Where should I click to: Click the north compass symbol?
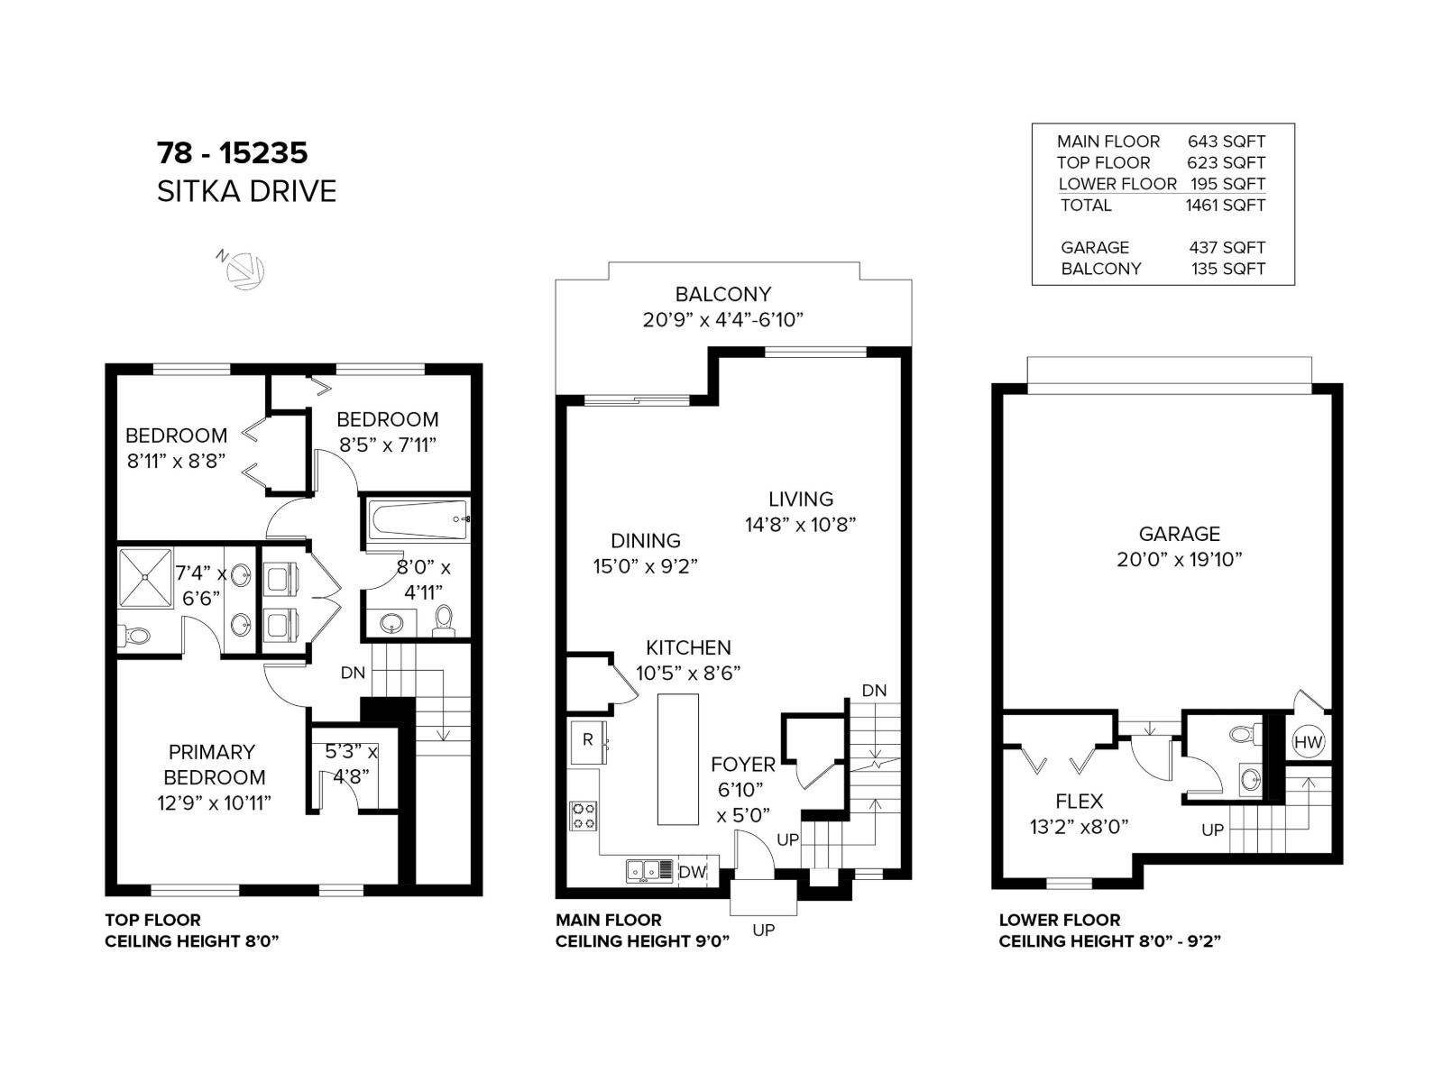click(244, 270)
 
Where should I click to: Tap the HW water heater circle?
click(1308, 742)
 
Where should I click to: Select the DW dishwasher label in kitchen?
click(692, 872)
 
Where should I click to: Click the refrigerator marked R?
click(588, 740)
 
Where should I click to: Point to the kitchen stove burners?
click(584, 815)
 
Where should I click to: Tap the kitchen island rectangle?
click(678, 758)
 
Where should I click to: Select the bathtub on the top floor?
click(418, 520)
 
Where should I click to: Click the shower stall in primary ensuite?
click(144, 577)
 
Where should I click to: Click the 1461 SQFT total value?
click(1225, 205)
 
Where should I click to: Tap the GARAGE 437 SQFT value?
click(1227, 247)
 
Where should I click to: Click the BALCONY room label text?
click(722, 294)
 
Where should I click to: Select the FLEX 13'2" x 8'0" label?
click(1079, 813)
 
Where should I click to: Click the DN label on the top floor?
click(353, 673)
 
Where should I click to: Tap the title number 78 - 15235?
click(232, 152)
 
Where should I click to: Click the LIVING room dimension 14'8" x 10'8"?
click(799, 524)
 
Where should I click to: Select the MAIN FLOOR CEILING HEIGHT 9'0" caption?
click(642, 931)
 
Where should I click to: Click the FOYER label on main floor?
click(742, 765)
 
